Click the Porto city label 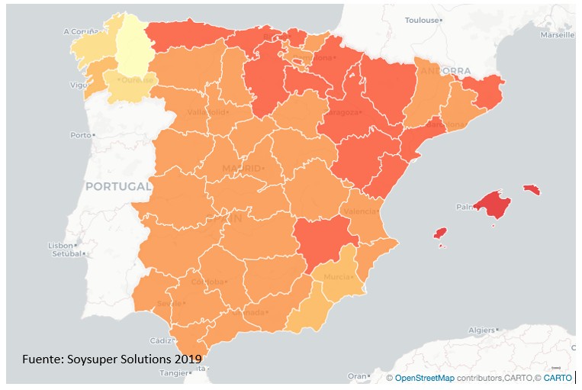tap(79, 134)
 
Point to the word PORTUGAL tap(118, 186)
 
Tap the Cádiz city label tap(161, 340)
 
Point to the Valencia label tap(359, 211)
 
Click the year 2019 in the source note tap(187, 358)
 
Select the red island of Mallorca tap(493, 205)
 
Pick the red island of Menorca tap(532, 189)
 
